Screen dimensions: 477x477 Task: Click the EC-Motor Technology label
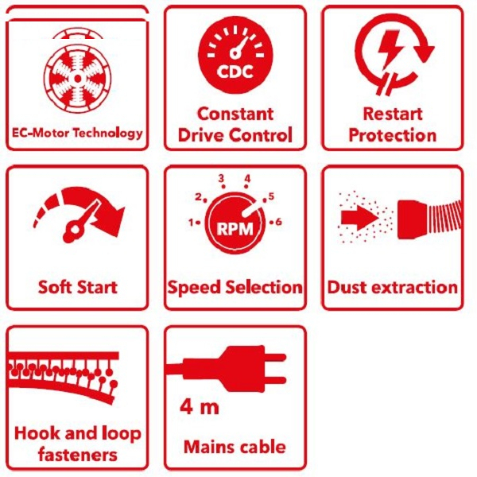77,133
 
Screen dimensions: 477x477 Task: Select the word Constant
235,114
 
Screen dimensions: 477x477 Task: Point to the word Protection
392,135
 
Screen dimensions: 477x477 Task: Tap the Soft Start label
77,286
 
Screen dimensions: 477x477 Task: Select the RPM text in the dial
235,226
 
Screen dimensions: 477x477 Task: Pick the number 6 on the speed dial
279,222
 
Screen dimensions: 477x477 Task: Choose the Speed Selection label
235,287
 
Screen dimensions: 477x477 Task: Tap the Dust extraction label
393,287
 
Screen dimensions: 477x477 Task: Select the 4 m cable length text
199,409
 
